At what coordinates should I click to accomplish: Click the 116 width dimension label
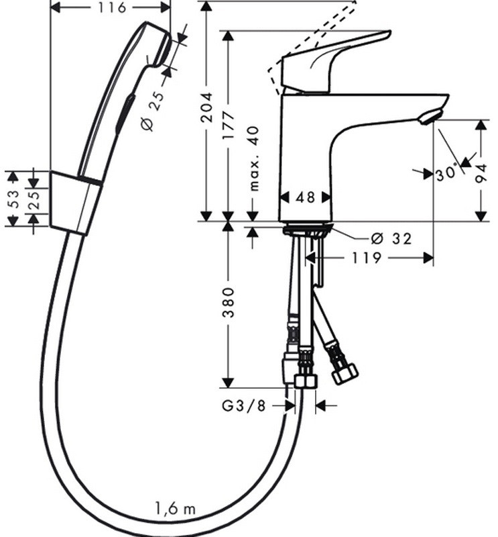[x=111, y=8]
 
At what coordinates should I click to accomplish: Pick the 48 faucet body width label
[x=305, y=197]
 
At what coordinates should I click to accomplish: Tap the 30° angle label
[x=445, y=174]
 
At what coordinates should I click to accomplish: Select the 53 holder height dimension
[x=12, y=199]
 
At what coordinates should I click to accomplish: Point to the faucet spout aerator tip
[x=430, y=118]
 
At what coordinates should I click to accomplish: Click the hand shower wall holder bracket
[x=74, y=202]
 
